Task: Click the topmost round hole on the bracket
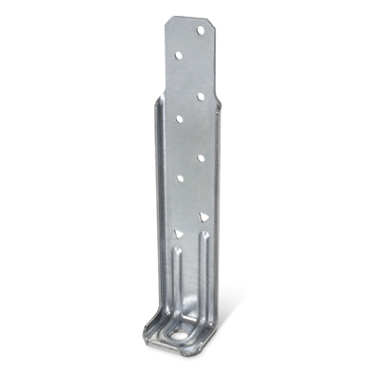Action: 200,30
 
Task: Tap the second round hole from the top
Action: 178,56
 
